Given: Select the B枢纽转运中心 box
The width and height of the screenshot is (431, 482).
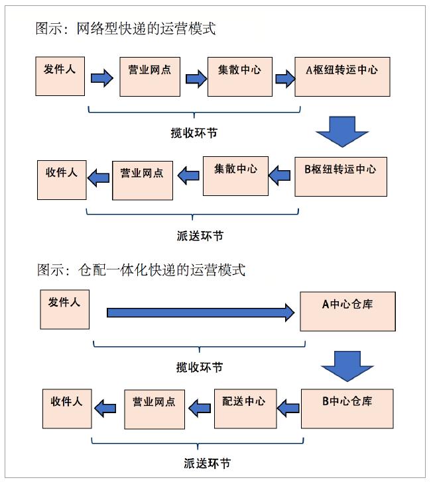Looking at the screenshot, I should click(340, 176).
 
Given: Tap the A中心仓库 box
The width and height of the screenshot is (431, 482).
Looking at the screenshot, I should click(347, 311).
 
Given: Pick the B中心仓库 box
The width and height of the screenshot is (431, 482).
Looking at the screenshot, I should click(347, 408).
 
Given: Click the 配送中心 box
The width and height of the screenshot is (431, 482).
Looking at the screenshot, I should click(244, 409).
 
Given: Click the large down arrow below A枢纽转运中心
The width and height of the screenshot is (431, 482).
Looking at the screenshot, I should click(341, 131).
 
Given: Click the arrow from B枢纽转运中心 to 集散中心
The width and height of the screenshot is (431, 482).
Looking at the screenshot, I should click(279, 175).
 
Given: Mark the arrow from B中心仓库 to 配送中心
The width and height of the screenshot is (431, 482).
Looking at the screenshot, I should click(288, 408).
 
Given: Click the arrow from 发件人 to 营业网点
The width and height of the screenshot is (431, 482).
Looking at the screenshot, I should click(101, 78).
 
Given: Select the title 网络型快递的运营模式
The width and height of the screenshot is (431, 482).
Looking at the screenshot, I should click(126, 29).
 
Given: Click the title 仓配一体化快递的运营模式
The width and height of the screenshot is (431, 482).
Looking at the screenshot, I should click(141, 270).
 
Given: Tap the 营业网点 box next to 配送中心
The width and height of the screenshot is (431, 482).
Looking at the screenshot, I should click(153, 409).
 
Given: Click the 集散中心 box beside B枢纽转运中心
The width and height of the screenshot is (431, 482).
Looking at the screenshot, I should click(235, 175).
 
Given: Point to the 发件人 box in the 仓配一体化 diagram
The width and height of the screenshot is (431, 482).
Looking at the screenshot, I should click(64, 309).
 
